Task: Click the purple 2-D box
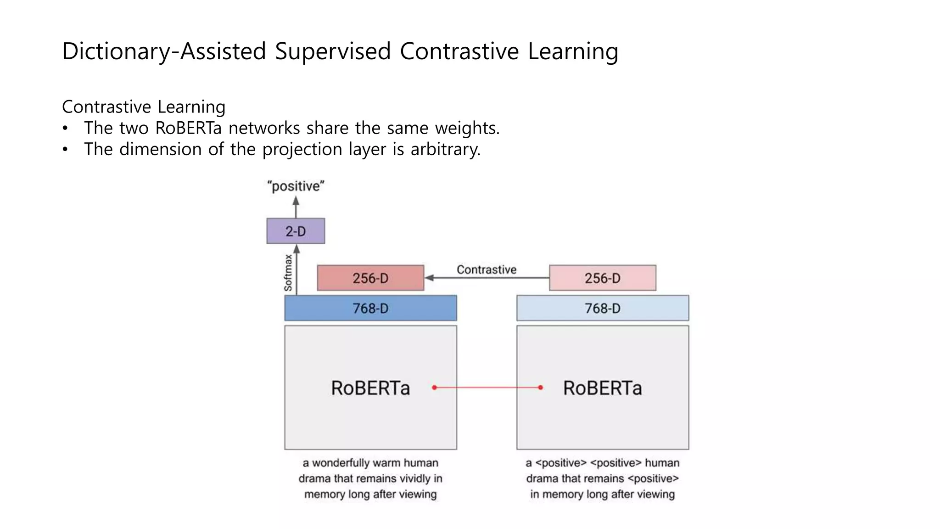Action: tap(296, 231)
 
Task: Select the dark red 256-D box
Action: tap(370, 278)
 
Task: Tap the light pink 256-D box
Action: tap(602, 278)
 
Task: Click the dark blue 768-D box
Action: tap(370, 308)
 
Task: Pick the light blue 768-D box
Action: tap(602, 308)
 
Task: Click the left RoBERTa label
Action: tap(370, 388)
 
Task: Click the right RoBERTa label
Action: tap(602, 388)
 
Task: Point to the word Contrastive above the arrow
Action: tap(486, 270)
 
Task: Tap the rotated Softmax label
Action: tap(288, 273)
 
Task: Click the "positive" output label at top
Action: tap(296, 186)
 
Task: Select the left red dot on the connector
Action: tap(434, 388)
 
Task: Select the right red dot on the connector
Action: tap(541, 388)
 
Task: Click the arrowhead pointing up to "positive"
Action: tap(296, 201)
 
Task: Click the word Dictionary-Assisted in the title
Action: tap(164, 51)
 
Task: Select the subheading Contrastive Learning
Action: tap(144, 107)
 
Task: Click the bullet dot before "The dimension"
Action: tap(66, 150)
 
